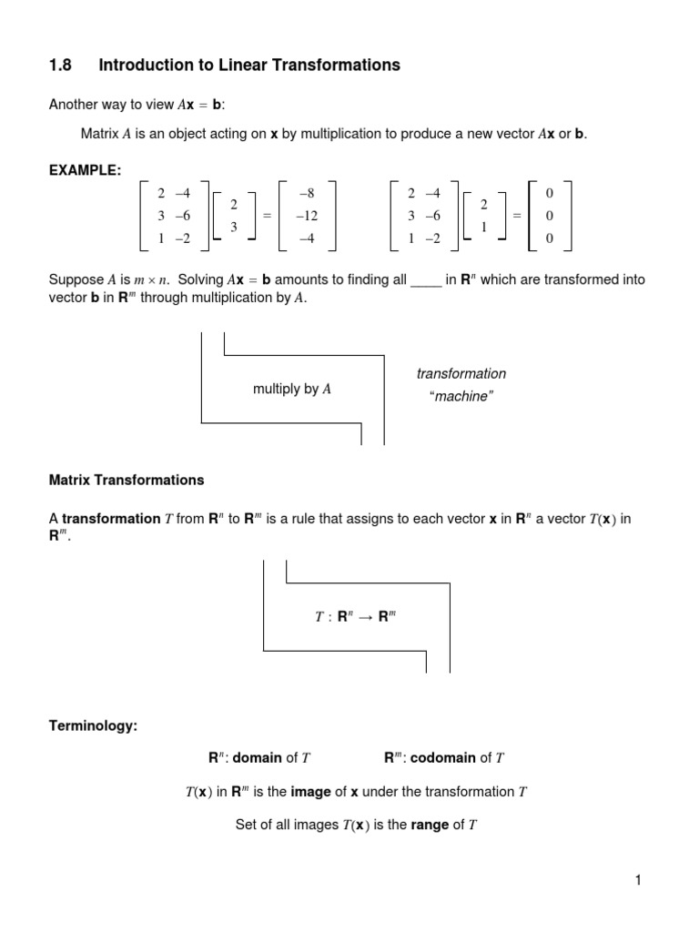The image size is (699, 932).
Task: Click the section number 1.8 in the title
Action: tap(59, 65)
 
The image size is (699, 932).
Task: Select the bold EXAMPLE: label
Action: tap(85, 171)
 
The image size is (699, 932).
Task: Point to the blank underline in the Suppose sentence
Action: tap(425, 280)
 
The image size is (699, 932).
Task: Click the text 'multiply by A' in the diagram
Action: tap(291, 390)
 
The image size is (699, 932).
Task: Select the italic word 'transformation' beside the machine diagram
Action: tap(461, 374)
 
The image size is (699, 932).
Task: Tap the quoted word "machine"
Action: tap(461, 398)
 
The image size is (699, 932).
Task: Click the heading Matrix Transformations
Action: tap(126, 480)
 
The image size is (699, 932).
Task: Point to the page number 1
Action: tap(639, 879)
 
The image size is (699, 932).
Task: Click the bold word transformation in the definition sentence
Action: tap(111, 519)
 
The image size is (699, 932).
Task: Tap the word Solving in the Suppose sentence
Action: tap(206, 280)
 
